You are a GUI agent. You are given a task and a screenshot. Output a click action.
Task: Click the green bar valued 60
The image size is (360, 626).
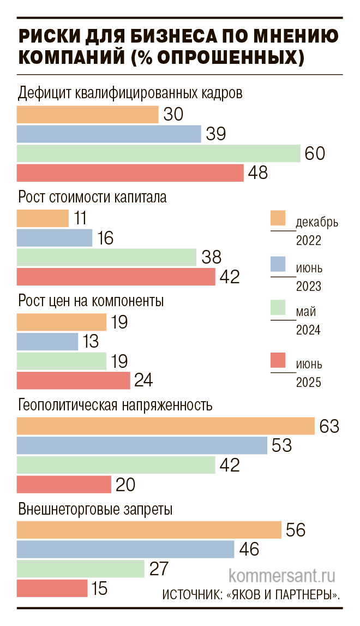(159, 153)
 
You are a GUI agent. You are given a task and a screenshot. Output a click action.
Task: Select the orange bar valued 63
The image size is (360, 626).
(166, 426)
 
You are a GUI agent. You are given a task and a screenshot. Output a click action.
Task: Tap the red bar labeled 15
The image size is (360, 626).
(52, 588)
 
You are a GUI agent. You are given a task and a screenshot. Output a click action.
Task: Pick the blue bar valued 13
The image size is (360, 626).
(47, 342)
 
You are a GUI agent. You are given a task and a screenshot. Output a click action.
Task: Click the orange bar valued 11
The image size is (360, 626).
(43, 218)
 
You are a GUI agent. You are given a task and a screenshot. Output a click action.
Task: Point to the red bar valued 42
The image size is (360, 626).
(116, 277)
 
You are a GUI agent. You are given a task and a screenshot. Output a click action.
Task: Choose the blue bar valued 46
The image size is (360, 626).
(125, 549)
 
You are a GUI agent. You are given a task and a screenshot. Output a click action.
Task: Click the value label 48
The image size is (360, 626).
(257, 173)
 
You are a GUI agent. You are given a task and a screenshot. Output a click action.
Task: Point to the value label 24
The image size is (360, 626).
(143, 380)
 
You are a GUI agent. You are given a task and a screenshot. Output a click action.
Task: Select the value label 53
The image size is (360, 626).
(281, 445)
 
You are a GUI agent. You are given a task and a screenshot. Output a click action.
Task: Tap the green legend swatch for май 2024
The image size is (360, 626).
(278, 308)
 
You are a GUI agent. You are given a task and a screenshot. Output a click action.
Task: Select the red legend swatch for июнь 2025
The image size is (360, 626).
(278, 360)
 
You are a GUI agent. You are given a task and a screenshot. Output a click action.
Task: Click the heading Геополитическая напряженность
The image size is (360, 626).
(115, 406)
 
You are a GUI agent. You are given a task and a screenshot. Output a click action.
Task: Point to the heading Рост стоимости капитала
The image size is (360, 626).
(92, 198)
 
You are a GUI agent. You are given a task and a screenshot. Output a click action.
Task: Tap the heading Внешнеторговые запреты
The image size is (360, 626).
(95, 510)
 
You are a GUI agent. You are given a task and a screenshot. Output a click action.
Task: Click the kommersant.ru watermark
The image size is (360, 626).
(281, 576)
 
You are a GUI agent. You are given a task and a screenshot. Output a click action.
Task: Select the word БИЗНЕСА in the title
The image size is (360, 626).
(176, 36)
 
